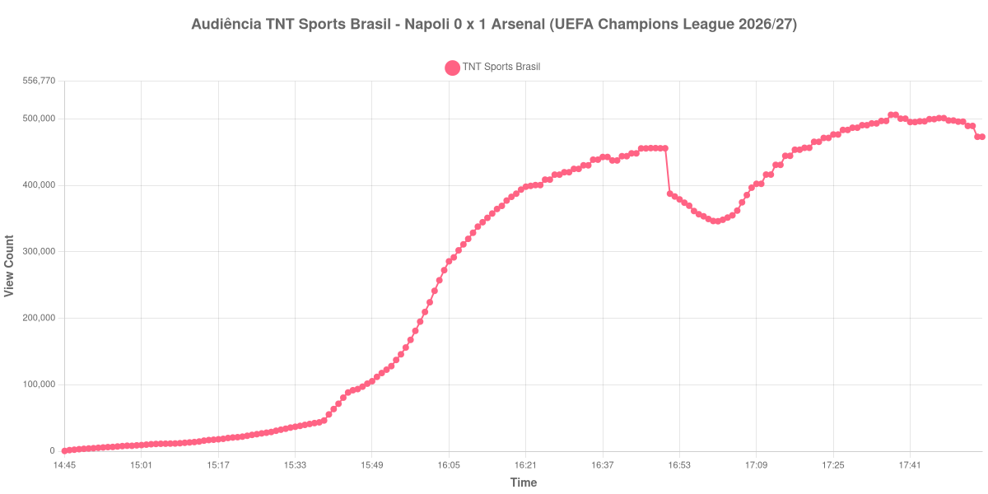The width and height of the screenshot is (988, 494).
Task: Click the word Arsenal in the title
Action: (x=518, y=24)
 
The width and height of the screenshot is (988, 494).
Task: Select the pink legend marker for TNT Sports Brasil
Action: (x=452, y=68)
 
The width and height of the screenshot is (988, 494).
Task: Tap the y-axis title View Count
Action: (x=9, y=266)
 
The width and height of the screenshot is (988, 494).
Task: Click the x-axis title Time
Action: (x=524, y=482)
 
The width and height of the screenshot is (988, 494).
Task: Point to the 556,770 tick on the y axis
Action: (x=40, y=81)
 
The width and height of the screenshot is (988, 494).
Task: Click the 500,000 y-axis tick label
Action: (x=40, y=119)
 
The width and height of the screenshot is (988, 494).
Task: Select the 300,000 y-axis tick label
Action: (x=40, y=251)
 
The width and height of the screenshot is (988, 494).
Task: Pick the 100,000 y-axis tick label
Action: (x=40, y=384)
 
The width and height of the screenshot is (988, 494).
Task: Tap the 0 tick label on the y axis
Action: (x=53, y=451)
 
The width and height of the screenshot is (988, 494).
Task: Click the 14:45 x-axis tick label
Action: (x=64, y=465)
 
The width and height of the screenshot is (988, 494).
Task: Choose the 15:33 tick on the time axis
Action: (x=295, y=465)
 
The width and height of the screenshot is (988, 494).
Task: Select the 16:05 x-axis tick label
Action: (x=449, y=465)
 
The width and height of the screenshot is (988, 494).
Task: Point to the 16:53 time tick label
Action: (x=679, y=465)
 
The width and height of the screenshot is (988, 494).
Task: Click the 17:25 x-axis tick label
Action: (x=833, y=465)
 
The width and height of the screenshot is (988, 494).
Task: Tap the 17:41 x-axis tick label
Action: (x=910, y=465)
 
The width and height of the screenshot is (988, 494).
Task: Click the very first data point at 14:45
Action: (x=65, y=451)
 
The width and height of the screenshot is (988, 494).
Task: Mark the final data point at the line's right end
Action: (x=981, y=137)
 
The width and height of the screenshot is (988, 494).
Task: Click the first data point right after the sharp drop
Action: (x=670, y=193)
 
